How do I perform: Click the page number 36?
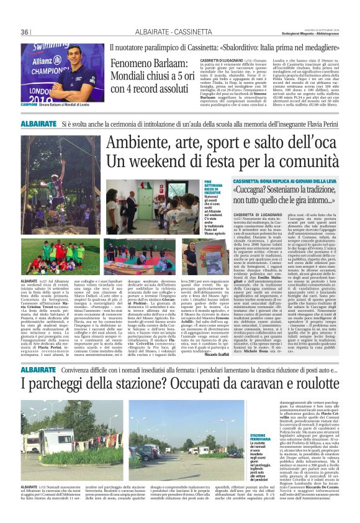click(26, 32)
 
